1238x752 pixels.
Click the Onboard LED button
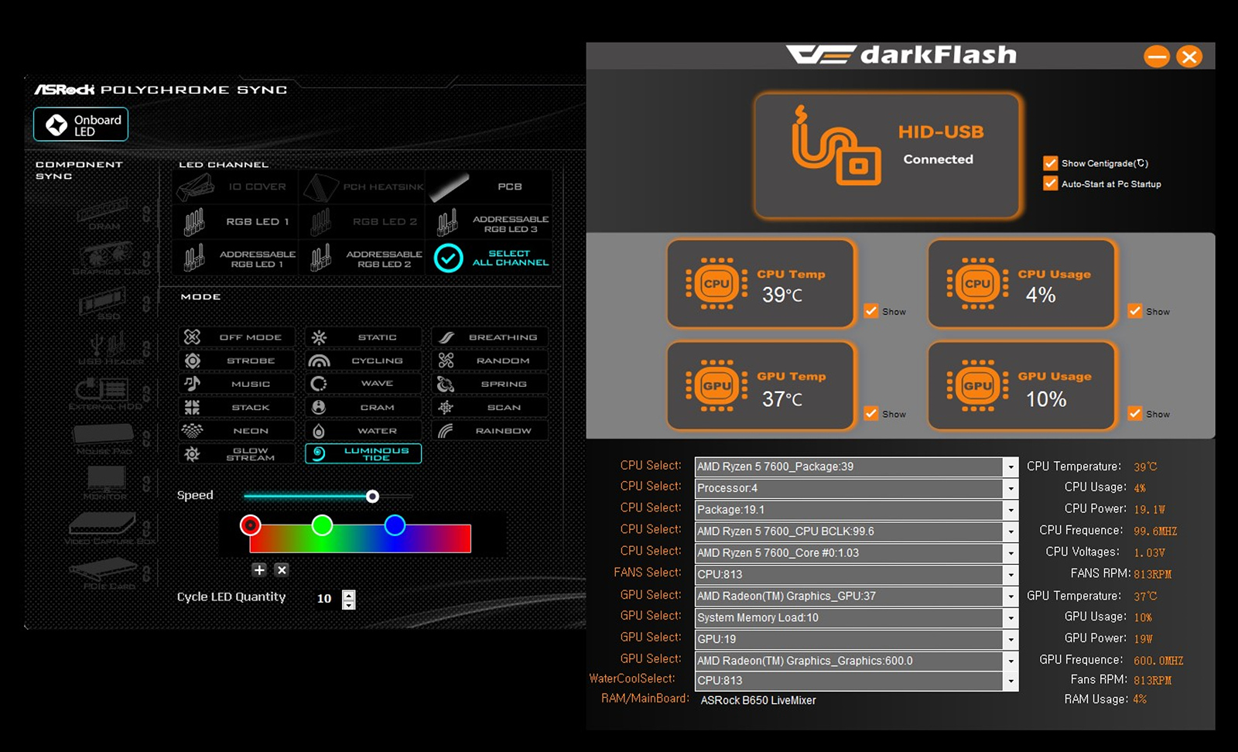tap(81, 125)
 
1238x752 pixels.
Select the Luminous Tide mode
tap(364, 453)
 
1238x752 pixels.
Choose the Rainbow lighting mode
tap(490, 431)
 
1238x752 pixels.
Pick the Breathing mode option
tap(490, 337)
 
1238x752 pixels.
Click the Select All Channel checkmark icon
tap(449, 258)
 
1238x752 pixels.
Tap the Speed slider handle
tap(372, 496)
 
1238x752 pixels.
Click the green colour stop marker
tap(322, 525)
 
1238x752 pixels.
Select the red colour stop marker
tap(250, 525)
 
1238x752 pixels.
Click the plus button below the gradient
tap(259, 569)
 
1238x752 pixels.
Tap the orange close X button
tap(1189, 56)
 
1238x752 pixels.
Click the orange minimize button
tap(1157, 56)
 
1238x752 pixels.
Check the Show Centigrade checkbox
tap(1050, 163)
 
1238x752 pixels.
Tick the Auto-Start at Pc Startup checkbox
tap(1050, 183)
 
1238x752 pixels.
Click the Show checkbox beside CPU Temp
tap(871, 311)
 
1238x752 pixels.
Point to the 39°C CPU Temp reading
tap(782, 295)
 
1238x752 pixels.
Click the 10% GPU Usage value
tap(1046, 399)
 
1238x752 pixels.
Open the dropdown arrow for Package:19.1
tap(1010, 510)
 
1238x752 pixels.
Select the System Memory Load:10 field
tap(848, 617)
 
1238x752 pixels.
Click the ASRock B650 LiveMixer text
tap(758, 700)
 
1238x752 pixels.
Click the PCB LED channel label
tap(509, 186)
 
